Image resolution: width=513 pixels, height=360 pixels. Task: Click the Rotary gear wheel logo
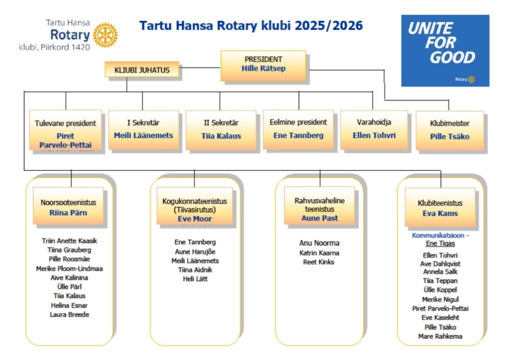(x=105, y=35)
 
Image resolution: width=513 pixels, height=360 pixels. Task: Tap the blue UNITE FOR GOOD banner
(x=445, y=51)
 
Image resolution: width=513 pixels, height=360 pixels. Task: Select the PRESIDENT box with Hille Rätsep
(x=264, y=66)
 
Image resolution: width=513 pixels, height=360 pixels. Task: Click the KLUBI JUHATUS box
(x=142, y=70)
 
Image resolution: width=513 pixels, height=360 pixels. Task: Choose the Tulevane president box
(x=66, y=130)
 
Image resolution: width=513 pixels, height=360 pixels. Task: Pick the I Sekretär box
(x=144, y=130)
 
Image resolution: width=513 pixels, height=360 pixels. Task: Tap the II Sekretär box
(x=221, y=130)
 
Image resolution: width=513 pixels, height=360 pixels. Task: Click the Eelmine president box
(x=298, y=130)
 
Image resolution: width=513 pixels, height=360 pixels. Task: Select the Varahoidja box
(x=374, y=130)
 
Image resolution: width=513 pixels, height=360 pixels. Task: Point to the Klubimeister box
(x=449, y=131)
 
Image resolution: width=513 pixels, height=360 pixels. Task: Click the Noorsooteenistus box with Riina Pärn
(x=68, y=206)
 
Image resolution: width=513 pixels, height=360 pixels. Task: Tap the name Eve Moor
(x=195, y=219)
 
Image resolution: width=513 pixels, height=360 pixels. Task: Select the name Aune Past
(x=320, y=218)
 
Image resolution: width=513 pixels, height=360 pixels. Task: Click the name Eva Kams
(x=440, y=213)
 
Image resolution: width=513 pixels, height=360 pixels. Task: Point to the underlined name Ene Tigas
(x=440, y=243)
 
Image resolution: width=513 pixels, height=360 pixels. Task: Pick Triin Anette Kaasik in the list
(x=69, y=241)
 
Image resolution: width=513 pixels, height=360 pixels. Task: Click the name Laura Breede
(x=69, y=314)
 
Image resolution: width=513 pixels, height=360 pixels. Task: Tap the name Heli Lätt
(x=195, y=279)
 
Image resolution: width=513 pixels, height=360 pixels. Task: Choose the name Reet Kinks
(x=319, y=262)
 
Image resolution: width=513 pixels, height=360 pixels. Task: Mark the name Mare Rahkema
(x=440, y=336)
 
